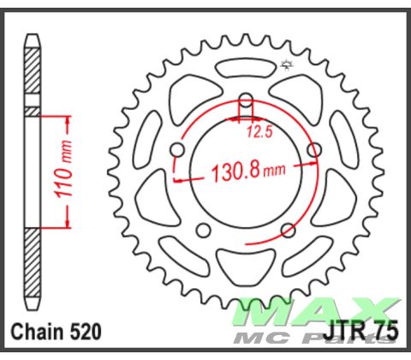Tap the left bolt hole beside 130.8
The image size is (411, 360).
coord(178,152)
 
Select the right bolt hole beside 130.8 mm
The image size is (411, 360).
coord(313,152)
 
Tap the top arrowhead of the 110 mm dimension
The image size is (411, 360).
coord(65,115)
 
